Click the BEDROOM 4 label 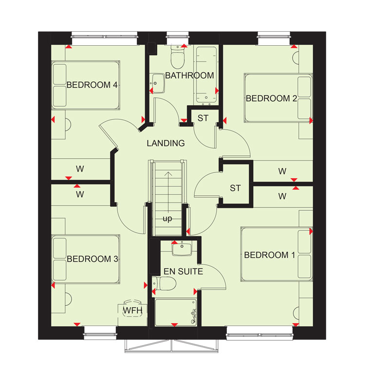[x=92, y=85]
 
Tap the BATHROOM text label [x=189, y=75]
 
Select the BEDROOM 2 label [x=271, y=98]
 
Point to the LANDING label [x=166, y=143]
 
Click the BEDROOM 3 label [x=92, y=259]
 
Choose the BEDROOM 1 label [x=270, y=255]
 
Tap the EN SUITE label [x=184, y=271]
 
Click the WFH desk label [x=133, y=310]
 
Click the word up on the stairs [x=167, y=219]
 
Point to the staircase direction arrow [x=168, y=192]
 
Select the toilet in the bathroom [x=177, y=57]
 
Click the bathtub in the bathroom [x=206, y=74]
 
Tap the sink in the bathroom [x=157, y=83]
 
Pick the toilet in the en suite [x=164, y=283]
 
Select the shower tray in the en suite [x=176, y=313]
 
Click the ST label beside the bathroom [x=203, y=118]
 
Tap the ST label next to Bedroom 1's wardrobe [x=235, y=188]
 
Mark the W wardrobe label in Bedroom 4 [x=80, y=169]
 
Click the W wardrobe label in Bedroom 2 [x=282, y=171]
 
